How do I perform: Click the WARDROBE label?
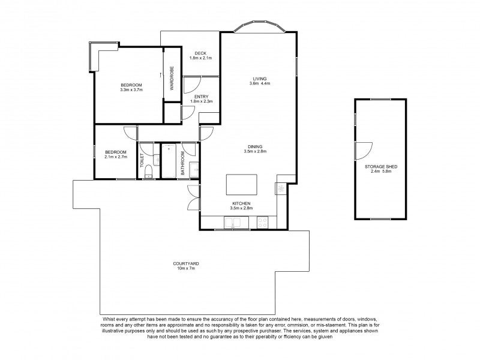[172, 78]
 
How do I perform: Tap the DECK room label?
[200, 53]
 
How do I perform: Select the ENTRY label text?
[202, 97]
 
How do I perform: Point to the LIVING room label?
[260, 79]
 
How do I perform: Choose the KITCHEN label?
[242, 203]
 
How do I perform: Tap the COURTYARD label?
[186, 263]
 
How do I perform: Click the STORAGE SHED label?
[381, 167]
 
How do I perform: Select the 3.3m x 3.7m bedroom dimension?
[131, 89]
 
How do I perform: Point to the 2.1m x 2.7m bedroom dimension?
[116, 157]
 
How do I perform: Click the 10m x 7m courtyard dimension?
[186, 268]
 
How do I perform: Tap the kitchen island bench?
[242, 185]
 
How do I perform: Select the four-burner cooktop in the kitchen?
[263, 222]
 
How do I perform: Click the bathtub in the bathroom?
[169, 161]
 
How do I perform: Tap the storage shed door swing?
[364, 151]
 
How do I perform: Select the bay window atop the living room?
[260, 26]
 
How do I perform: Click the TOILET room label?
[142, 160]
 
